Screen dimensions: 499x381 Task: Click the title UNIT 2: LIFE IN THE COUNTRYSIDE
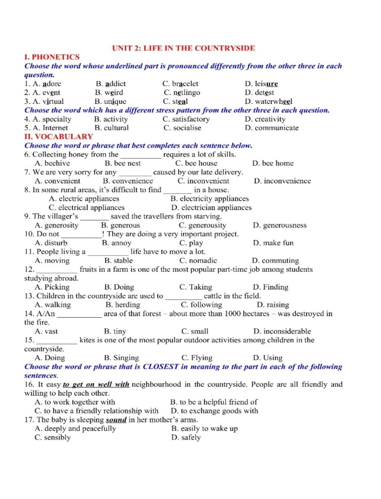[183, 48]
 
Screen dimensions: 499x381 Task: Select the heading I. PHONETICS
[52, 57]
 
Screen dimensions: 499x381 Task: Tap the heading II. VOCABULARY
[58, 137]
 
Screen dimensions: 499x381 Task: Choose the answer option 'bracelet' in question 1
[185, 84]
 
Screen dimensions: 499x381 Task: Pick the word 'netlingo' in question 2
[186, 93]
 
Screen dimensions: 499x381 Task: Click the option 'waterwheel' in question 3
[273, 101]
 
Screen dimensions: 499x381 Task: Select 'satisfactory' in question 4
[191, 119]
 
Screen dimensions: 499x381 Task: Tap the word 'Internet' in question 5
[55, 128]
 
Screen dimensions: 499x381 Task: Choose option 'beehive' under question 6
[57, 163]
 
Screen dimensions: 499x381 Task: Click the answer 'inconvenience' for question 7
[287, 181]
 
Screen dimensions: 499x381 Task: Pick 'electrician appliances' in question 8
[216, 207]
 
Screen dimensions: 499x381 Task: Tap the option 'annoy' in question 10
[121, 243]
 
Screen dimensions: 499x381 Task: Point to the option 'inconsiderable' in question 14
[287, 331]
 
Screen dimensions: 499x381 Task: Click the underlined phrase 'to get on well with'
[96, 384]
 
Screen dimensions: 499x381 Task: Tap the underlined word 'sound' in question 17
[116, 420]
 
